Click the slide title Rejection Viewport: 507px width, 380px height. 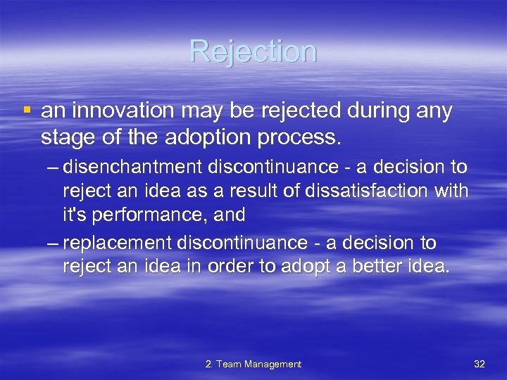pyautogui.click(x=253, y=51)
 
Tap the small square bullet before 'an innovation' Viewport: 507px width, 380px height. pyautogui.click(x=27, y=110)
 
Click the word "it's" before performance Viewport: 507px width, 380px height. pyautogui.click(x=73, y=213)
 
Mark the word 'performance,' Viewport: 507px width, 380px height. pyautogui.click(x=137, y=214)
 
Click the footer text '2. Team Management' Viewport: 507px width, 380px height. pyautogui.click(x=253, y=364)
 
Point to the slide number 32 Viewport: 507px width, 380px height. pyautogui.click(x=480, y=364)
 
